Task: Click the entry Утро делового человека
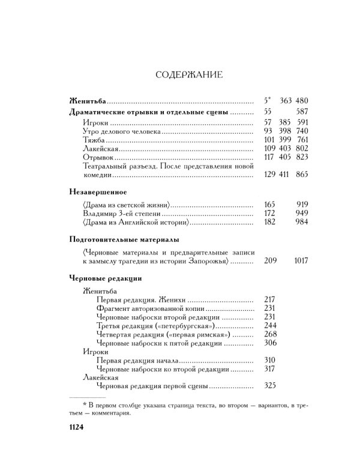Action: pyautogui.click(x=122, y=131)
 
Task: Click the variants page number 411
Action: pyautogui.click(x=283, y=175)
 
